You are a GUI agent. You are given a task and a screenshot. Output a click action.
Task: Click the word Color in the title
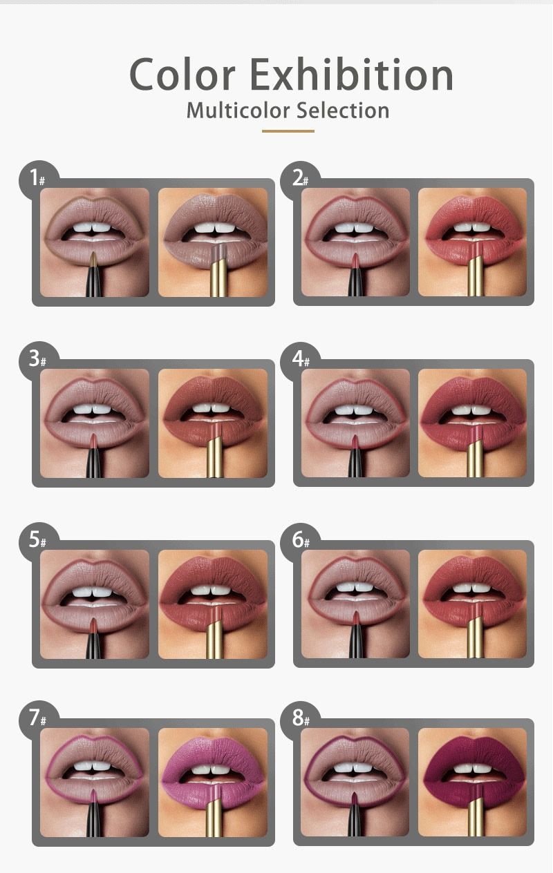(x=182, y=74)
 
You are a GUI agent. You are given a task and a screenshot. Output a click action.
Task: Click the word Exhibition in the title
(x=351, y=73)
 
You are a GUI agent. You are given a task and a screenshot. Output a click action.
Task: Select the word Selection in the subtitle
(x=343, y=110)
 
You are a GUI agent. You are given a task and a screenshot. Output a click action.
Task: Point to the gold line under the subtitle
(x=288, y=131)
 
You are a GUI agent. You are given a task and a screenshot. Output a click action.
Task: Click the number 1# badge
(x=38, y=179)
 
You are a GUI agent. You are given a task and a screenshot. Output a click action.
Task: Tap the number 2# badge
(x=300, y=179)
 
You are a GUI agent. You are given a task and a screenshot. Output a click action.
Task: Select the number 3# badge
(x=38, y=359)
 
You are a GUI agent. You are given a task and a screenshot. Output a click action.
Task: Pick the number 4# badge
(x=300, y=359)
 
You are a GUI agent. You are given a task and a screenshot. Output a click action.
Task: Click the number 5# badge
(x=38, y=540)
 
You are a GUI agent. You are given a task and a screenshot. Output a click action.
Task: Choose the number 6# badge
(x=300, y=540)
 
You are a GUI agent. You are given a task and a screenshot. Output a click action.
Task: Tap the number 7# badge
(x=38, y=719)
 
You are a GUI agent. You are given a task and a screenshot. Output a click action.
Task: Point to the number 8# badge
(x=300, y=719)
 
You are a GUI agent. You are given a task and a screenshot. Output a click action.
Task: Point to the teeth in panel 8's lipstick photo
(x=472, y=768)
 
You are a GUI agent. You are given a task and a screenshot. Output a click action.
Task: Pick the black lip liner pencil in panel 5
(x=93, y=638)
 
